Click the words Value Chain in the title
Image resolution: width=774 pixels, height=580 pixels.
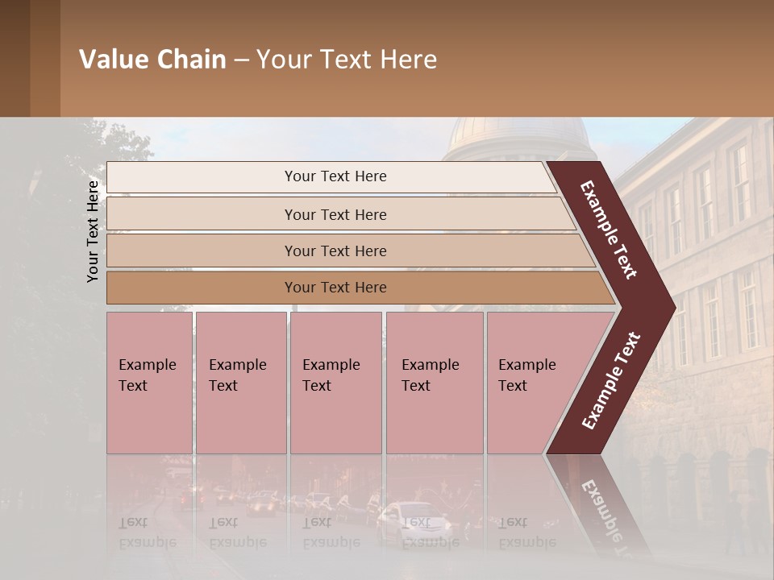[x=152, y=60]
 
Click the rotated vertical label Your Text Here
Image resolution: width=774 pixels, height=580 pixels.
[x=93, y=231]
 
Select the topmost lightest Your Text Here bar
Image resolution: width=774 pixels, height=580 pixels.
[x=202, y=176]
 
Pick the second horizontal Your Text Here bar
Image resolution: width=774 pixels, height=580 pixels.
[x=202, y=214]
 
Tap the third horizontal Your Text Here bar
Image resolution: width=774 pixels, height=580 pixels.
[x=202, y=251]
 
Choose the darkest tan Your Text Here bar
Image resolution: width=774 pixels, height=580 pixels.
[x=202, y=288]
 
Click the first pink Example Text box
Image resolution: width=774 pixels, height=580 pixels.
[x=149, y=383]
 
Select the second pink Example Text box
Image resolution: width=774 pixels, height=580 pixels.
[x=240, y=383]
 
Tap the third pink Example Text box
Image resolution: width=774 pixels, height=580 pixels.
[x=335, y=383]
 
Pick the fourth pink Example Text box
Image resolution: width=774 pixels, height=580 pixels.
[x=434, y=383]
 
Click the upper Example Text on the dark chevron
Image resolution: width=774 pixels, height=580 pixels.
[x=608, y=230]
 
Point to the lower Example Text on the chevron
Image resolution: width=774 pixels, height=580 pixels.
[x=610, y=380]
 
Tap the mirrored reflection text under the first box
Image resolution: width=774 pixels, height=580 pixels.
[x=147, y=532]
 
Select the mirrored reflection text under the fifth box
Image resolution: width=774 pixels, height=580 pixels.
[x=526, y=532]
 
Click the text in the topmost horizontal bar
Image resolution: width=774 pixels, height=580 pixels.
[x=335, y=176]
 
